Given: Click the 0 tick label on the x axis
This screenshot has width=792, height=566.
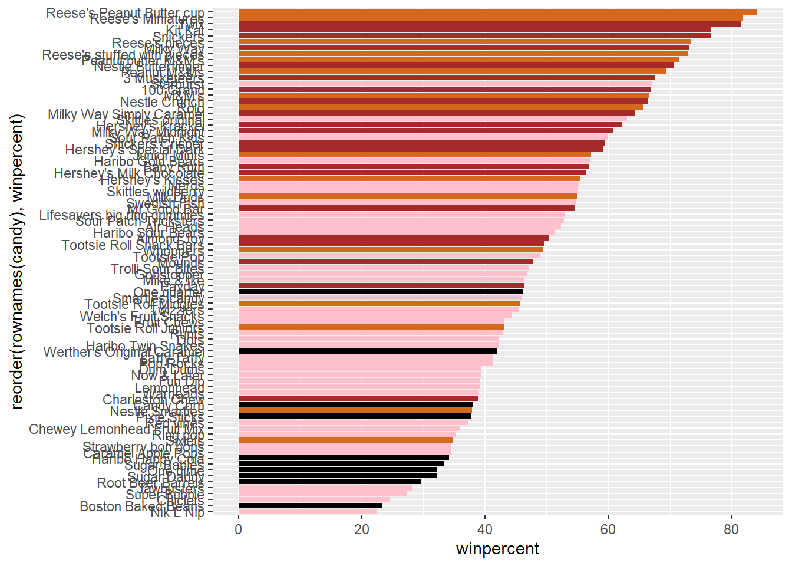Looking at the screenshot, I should click(x=238, y=529).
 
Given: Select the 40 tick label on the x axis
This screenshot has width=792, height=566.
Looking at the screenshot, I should click(x=484, y=529).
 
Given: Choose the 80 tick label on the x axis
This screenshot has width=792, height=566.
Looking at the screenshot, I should click(x=731, y=529).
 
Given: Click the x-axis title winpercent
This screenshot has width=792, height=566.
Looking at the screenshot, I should click(x=497, y=549).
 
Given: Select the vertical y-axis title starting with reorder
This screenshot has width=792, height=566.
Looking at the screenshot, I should click(x=17, y=262).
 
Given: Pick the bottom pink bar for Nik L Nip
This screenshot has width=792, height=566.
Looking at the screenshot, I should click(x=307, y=512).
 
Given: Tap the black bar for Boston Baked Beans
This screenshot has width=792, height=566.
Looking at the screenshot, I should click(x=310, y=506).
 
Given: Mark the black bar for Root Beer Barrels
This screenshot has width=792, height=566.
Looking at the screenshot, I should click(x=329, y=482).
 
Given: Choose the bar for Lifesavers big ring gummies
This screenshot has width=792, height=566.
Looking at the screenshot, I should click(x=401, y=215).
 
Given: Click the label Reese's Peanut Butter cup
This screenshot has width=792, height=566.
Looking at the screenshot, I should click(x=125, y=13).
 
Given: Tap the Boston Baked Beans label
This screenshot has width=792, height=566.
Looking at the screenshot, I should click(x=141, y=506).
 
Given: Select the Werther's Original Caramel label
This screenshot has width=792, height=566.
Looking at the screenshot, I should click(x=124, y=352).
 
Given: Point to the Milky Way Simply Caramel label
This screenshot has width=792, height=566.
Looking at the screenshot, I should click(x=126, y=114).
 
